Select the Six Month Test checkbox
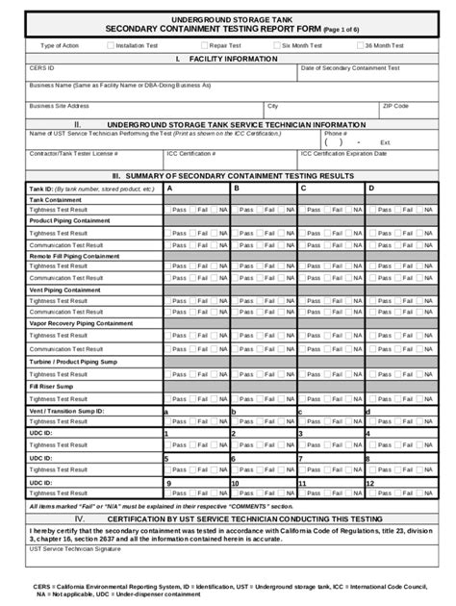pos(277,45)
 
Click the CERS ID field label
pos(40,68)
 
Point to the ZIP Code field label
pos(395,106)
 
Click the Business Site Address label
pos(59,106)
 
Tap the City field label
pos(272,106)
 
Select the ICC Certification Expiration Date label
pos(343,153)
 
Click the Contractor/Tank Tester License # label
pos(73,153)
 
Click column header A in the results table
pos(170,189)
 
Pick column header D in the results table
pos(371,189)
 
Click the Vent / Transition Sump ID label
pos(66,411)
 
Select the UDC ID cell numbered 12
pos(372,484)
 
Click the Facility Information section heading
pos(227,59)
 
